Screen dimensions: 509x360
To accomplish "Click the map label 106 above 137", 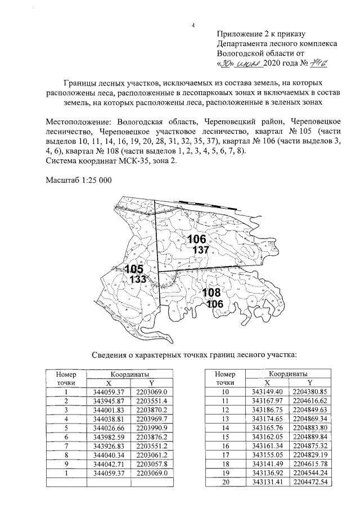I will (197, 239).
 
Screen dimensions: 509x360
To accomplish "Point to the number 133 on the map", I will (138, 279).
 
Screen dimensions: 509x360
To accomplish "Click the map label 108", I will (211, 293).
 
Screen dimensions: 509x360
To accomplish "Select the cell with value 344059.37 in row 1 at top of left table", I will (109, 391).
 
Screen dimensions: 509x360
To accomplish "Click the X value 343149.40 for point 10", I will (267, 391).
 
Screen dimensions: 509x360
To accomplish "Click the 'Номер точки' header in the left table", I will (66, 378).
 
